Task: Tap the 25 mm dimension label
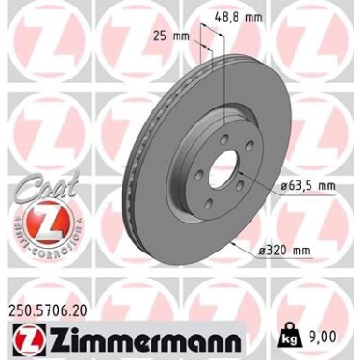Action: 174,37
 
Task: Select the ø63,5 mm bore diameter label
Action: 289,186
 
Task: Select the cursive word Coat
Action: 38,187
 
